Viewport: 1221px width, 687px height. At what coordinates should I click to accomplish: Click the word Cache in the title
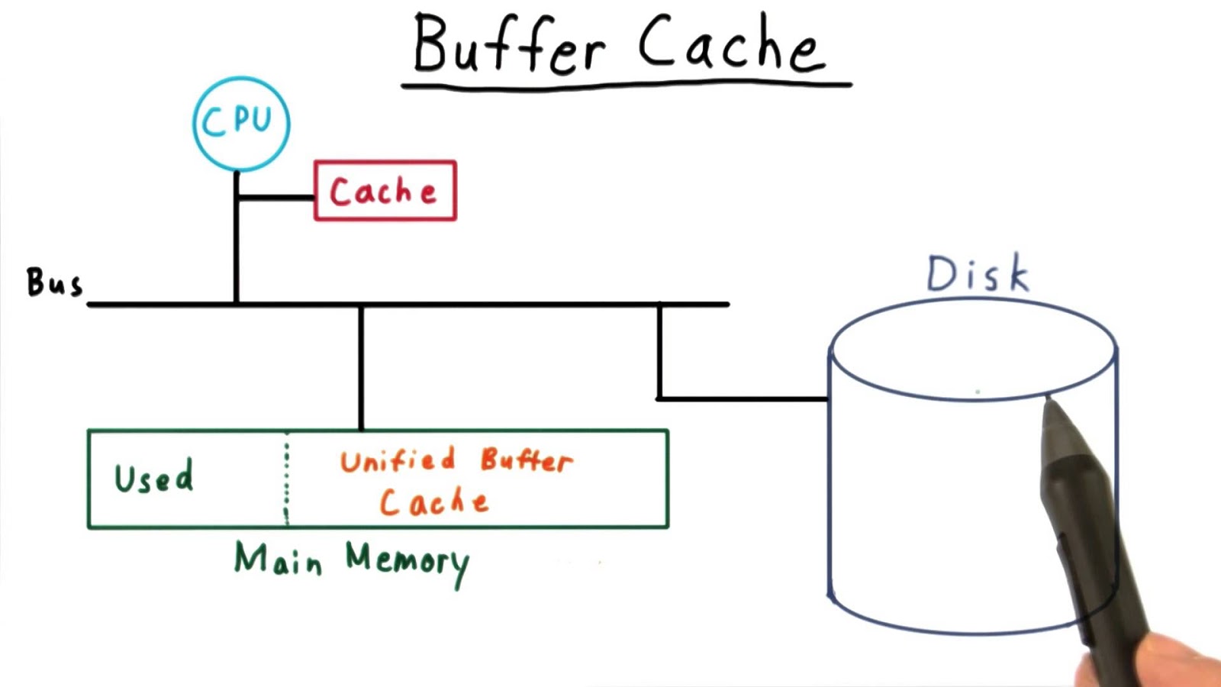tap(730, 44)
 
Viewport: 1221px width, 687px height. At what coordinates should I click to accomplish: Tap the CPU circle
tap(241, 123)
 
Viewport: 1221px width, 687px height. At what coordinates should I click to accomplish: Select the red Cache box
tap(385, 191)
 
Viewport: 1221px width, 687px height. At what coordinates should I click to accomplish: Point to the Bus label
tap(53, 282)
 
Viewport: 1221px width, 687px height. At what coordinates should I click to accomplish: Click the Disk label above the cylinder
tap(978, 274)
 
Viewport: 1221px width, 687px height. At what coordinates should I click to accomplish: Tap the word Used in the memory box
tap(153, 478)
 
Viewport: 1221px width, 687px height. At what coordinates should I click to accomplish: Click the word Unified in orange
tap(398, 460)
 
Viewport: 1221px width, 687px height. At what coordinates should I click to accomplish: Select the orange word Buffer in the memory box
tap(527, 460)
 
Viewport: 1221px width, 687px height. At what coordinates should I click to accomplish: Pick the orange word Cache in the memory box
tap(433, 502)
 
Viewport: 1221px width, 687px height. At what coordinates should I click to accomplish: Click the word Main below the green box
tap(278, 559)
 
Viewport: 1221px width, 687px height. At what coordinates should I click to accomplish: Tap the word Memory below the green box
tap(408, 561)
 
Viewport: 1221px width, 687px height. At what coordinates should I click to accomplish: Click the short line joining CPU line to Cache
tap(275, 198)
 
